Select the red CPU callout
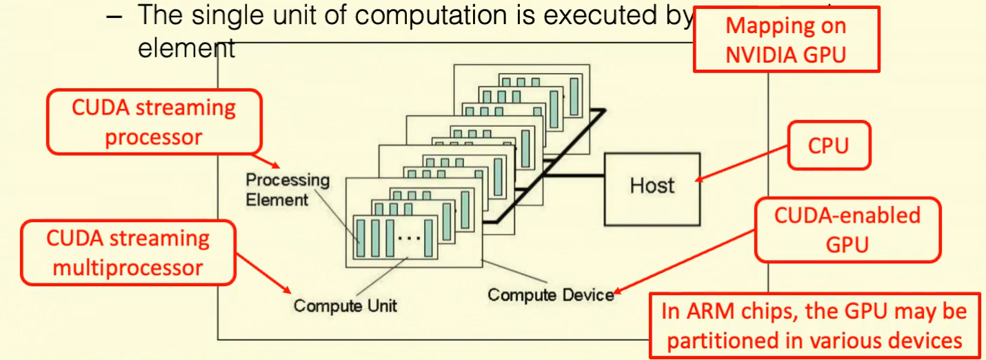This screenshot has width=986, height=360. [829, 146]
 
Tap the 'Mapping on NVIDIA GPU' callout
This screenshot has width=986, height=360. [785, 39]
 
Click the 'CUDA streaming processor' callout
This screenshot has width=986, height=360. [154, 121]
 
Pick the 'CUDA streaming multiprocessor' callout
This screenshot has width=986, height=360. [128, 252]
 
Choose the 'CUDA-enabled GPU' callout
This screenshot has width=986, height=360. [847, 229]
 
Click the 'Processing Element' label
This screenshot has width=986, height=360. [288, 190]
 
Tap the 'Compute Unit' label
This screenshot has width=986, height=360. [345, 306]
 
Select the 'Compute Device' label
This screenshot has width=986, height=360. [550, 295]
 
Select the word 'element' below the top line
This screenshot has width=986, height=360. [187, 48]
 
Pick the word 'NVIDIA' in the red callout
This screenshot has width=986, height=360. [760, 54]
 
